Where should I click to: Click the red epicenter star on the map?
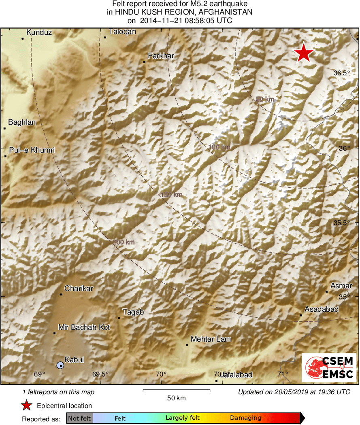pyautogui.click(x=304, y=53)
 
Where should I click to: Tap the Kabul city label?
pyautogui.click(x=74, y=359)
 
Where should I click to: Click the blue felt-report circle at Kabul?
pyautogui.click(x=60, y=365)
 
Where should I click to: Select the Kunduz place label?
pyautogui.click(x=39, y=32)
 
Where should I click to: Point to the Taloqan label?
pyautogui.click(x=122, y=31)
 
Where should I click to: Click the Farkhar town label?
pyautogui.click(x=161, y=56)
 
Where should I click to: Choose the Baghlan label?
pyautogui.click(x=22, y=122)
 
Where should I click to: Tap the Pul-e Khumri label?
pyautogui.click(x=31, y=150)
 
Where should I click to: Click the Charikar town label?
pyautogui.click(x=79, y=289)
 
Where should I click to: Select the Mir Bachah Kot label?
pyautogui.click(x=84, y=327)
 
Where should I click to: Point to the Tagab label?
pyautogui.click(x=133, y=312)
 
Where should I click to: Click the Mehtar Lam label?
pyautogui.click(x=211, y=339)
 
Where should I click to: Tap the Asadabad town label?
pyautogui.click(x=322, y=309)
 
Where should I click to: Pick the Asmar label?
pyautogui.click(x=341, y=286)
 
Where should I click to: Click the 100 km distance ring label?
pyautogui.click(x=219, y=147)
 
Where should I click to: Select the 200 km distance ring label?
pyautogui.click(x=124, y=242)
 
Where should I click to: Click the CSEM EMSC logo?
pyautogui.click(x=329, y=367)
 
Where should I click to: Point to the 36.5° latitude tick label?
pyautogui.click(x=341, y=73)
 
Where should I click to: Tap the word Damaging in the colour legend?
pyautogui.click(x=245, y=418)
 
